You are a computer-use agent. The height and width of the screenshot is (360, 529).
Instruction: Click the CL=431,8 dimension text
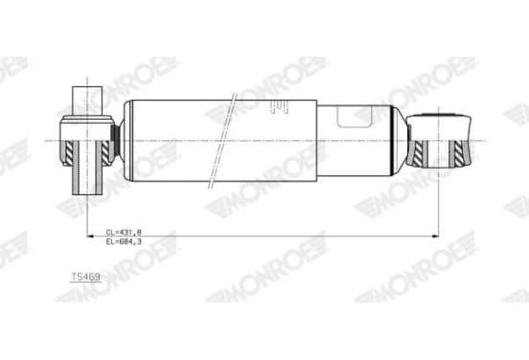pos(124,232)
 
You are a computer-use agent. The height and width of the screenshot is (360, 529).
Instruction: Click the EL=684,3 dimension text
pos(124,241)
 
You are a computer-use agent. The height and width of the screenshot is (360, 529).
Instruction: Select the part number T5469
pos(85,277)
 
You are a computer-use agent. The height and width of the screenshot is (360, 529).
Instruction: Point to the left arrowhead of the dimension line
pos(90,236)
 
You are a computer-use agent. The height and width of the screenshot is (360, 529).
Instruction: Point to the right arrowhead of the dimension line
pos(435,236)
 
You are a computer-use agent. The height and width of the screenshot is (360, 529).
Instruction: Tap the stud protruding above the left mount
pos(87,101)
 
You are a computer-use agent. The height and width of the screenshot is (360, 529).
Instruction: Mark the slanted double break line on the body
pos(222,140)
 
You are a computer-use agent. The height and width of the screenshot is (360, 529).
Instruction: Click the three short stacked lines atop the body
pos(279,107)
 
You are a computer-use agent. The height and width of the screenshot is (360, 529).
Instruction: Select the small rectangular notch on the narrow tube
pos(355,117)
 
